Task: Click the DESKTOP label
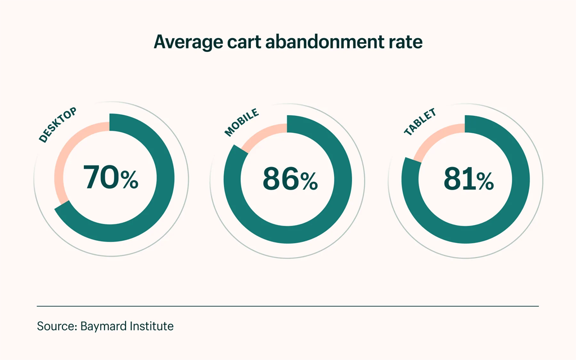pyautogui.click(x=57, y=125)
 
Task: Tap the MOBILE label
pyautogui.click(x=241, y=123)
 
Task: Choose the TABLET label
pyautogui.click(x=420, y=122)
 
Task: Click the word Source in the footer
pyautogui.click(x=53, y=326)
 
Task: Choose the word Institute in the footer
pyautogui.click(x=151, y=326)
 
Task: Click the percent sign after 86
pyautogui.click(x=309, y=181)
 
